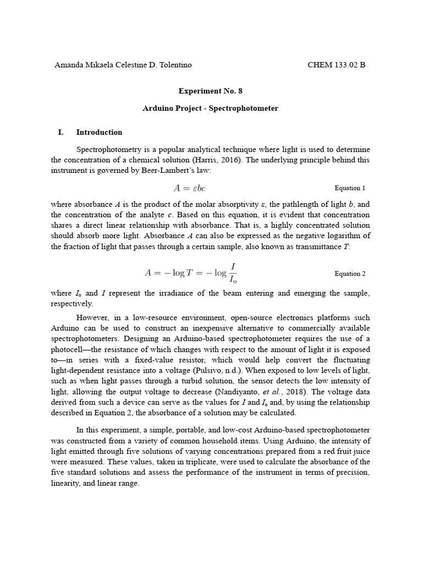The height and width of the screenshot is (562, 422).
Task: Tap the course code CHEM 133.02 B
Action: (x=336, y=65)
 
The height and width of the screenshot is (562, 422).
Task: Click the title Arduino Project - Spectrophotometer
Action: (x=210, y=108)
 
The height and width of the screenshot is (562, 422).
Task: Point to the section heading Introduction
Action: (x=99, y=132)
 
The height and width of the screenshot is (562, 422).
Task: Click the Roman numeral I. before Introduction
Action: (x=61, y=132)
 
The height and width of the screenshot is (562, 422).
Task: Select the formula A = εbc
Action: (x=190, y=188)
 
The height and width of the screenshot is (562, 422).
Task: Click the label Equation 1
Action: (x=350, y=188)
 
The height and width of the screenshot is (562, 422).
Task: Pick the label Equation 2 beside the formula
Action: (x=350, y=273)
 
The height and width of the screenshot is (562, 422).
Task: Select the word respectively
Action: (x=73, y=304)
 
